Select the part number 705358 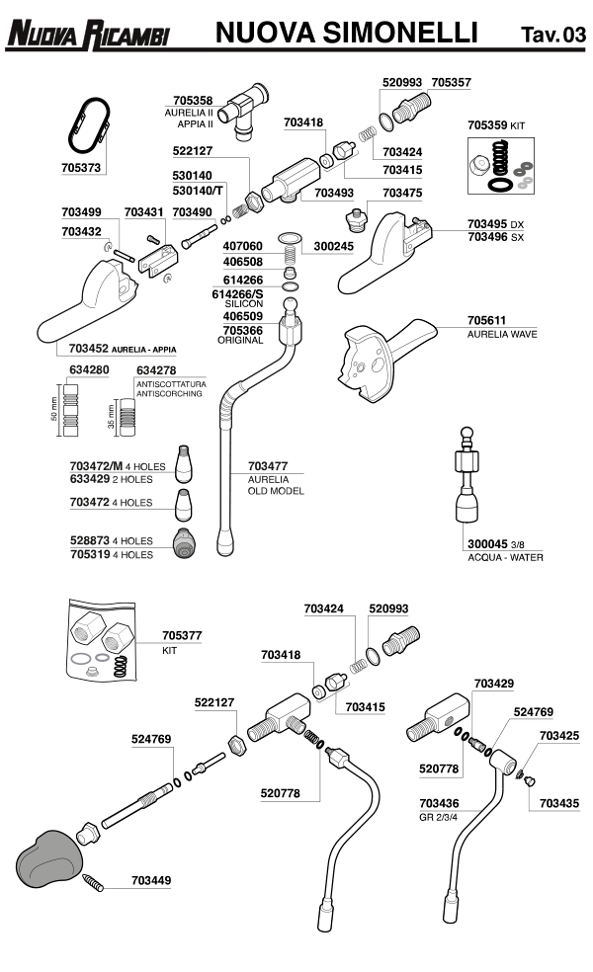pyautogui.click(x=193, y=101)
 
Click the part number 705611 pyautogui.click(x=487, y=321)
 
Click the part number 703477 pyautogui.click(x=268, y=465)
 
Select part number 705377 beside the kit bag pyautogui.click(x=182, y=637)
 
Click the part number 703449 pyautogui.click(x=151, y=880)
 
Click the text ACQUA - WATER pyautogui.click(x=505, y=558)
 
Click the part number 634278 pyautogui.click(x=156, y=370)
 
